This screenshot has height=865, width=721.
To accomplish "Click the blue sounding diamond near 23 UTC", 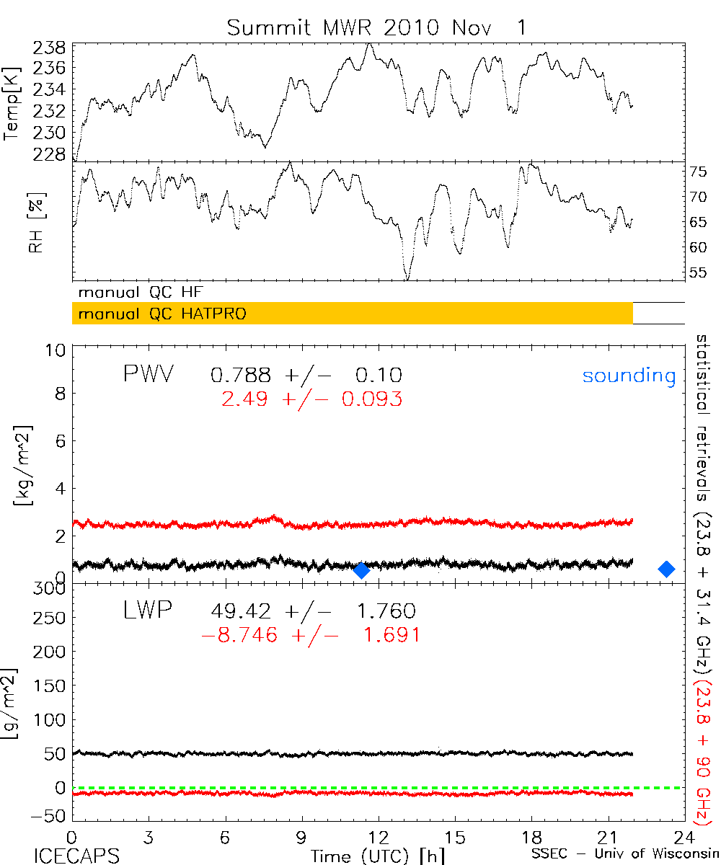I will click(667, 569).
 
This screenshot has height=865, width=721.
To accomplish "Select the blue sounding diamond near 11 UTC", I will click(362, 571).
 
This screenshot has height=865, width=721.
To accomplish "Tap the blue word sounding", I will click(629, 376).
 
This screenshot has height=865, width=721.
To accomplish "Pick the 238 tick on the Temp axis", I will click(50, 48).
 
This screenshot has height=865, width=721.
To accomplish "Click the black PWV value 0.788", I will click(242, 375).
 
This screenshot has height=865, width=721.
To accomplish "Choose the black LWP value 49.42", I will click(242, 612).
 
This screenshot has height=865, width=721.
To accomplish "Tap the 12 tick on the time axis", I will click(379, 838).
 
